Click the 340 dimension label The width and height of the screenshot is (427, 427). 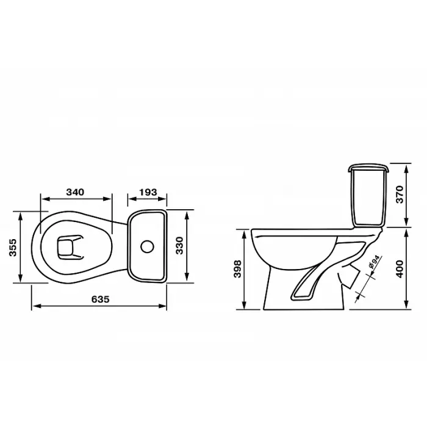[75, 192]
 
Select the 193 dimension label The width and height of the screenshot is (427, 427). [148, 192]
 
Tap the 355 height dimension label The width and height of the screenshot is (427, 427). [13, 247]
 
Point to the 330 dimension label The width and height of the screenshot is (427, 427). [179, 245]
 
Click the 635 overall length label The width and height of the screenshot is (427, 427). [100, 300]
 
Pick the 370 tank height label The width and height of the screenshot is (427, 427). [400, 194]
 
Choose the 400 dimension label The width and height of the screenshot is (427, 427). [400, 269]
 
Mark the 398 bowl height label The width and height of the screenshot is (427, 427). [237, 269]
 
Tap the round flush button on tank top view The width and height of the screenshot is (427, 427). [148, 246]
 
